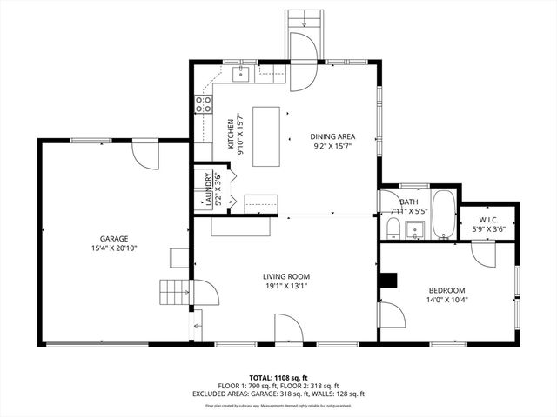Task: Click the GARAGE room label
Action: point(113,238)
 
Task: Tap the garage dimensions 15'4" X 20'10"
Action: point(113,248)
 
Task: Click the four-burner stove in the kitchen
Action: point(204,104)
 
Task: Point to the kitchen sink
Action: point(244,74)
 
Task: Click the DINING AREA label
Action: point(332,136)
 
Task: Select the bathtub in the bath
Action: point(444,215)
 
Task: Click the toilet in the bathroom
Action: point(393,229)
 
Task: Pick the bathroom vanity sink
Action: point(416,230)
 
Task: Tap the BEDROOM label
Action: point(446,290)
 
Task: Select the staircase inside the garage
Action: point(173,292)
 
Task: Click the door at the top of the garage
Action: point(144,156)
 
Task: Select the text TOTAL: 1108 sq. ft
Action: point(278,378)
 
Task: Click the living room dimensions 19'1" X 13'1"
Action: point(286,287)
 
